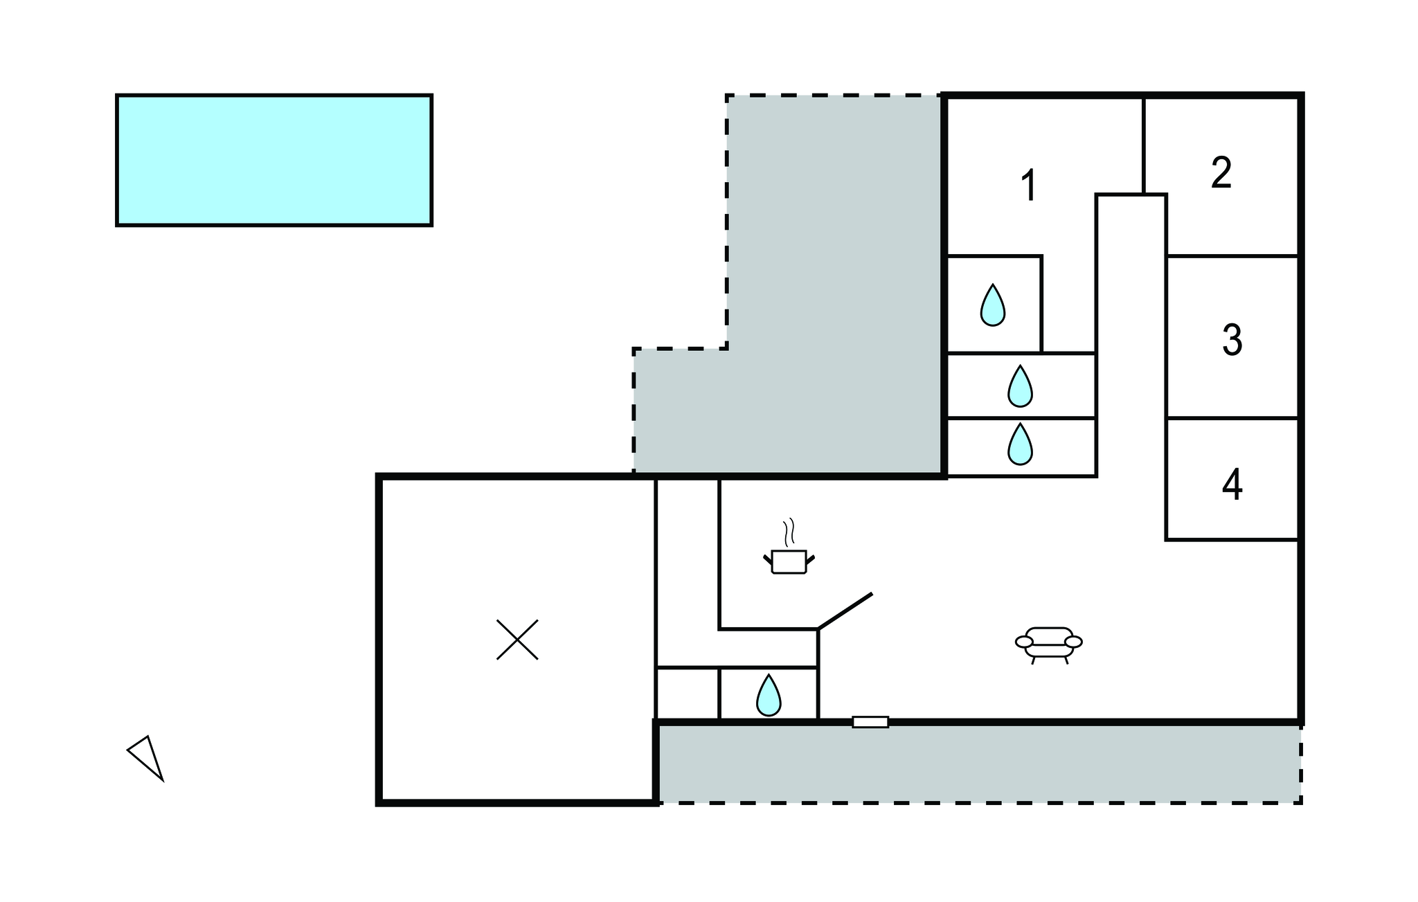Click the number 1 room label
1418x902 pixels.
(1030, 186)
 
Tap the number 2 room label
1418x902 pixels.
(1221, 172)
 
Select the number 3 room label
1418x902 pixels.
(1232, 340)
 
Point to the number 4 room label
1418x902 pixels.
(1232, 485)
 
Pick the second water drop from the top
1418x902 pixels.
(1020, 386)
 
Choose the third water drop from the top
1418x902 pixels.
(1020, 444)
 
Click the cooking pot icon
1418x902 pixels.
(789, 561)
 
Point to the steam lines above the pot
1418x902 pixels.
(789, 533)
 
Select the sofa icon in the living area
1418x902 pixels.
(1049, 645)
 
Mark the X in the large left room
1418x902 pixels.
(517, 640)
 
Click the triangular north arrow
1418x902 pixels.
(147, 757)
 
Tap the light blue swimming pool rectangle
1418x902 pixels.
(274, 160)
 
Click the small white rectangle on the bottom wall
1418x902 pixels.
(870, 722)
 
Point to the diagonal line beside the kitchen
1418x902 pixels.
(845, 611)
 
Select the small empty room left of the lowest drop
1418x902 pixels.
(688, 694)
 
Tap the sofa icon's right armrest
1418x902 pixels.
(1074, 642)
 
